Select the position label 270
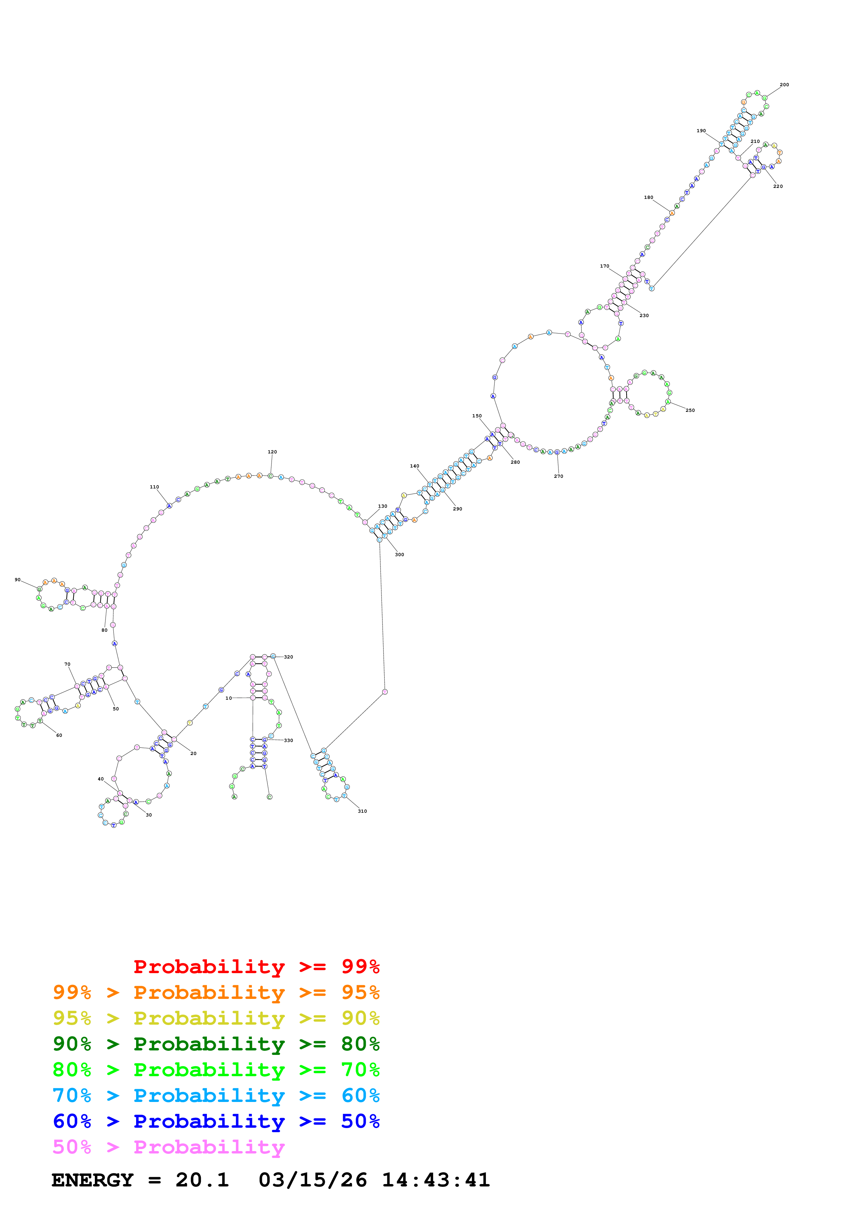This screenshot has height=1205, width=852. tap(558, 476)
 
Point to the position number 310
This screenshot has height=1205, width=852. tap(362, 811)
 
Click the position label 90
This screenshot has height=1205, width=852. tap(17, 580)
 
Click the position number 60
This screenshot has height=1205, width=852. tap(59, 735)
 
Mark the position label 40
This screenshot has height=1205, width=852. tap(100, 779)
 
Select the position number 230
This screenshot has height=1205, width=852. tap(644, 315)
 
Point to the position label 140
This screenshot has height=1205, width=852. tap(414, 466)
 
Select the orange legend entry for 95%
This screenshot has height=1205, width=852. tap(216, 992)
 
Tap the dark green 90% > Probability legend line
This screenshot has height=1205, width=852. tap(216, 1044)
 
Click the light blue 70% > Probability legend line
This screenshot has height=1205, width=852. tap(216, 1095)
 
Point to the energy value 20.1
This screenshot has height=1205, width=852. tap(202, 1180)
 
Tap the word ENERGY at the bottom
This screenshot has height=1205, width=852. tap(92, 1180)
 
